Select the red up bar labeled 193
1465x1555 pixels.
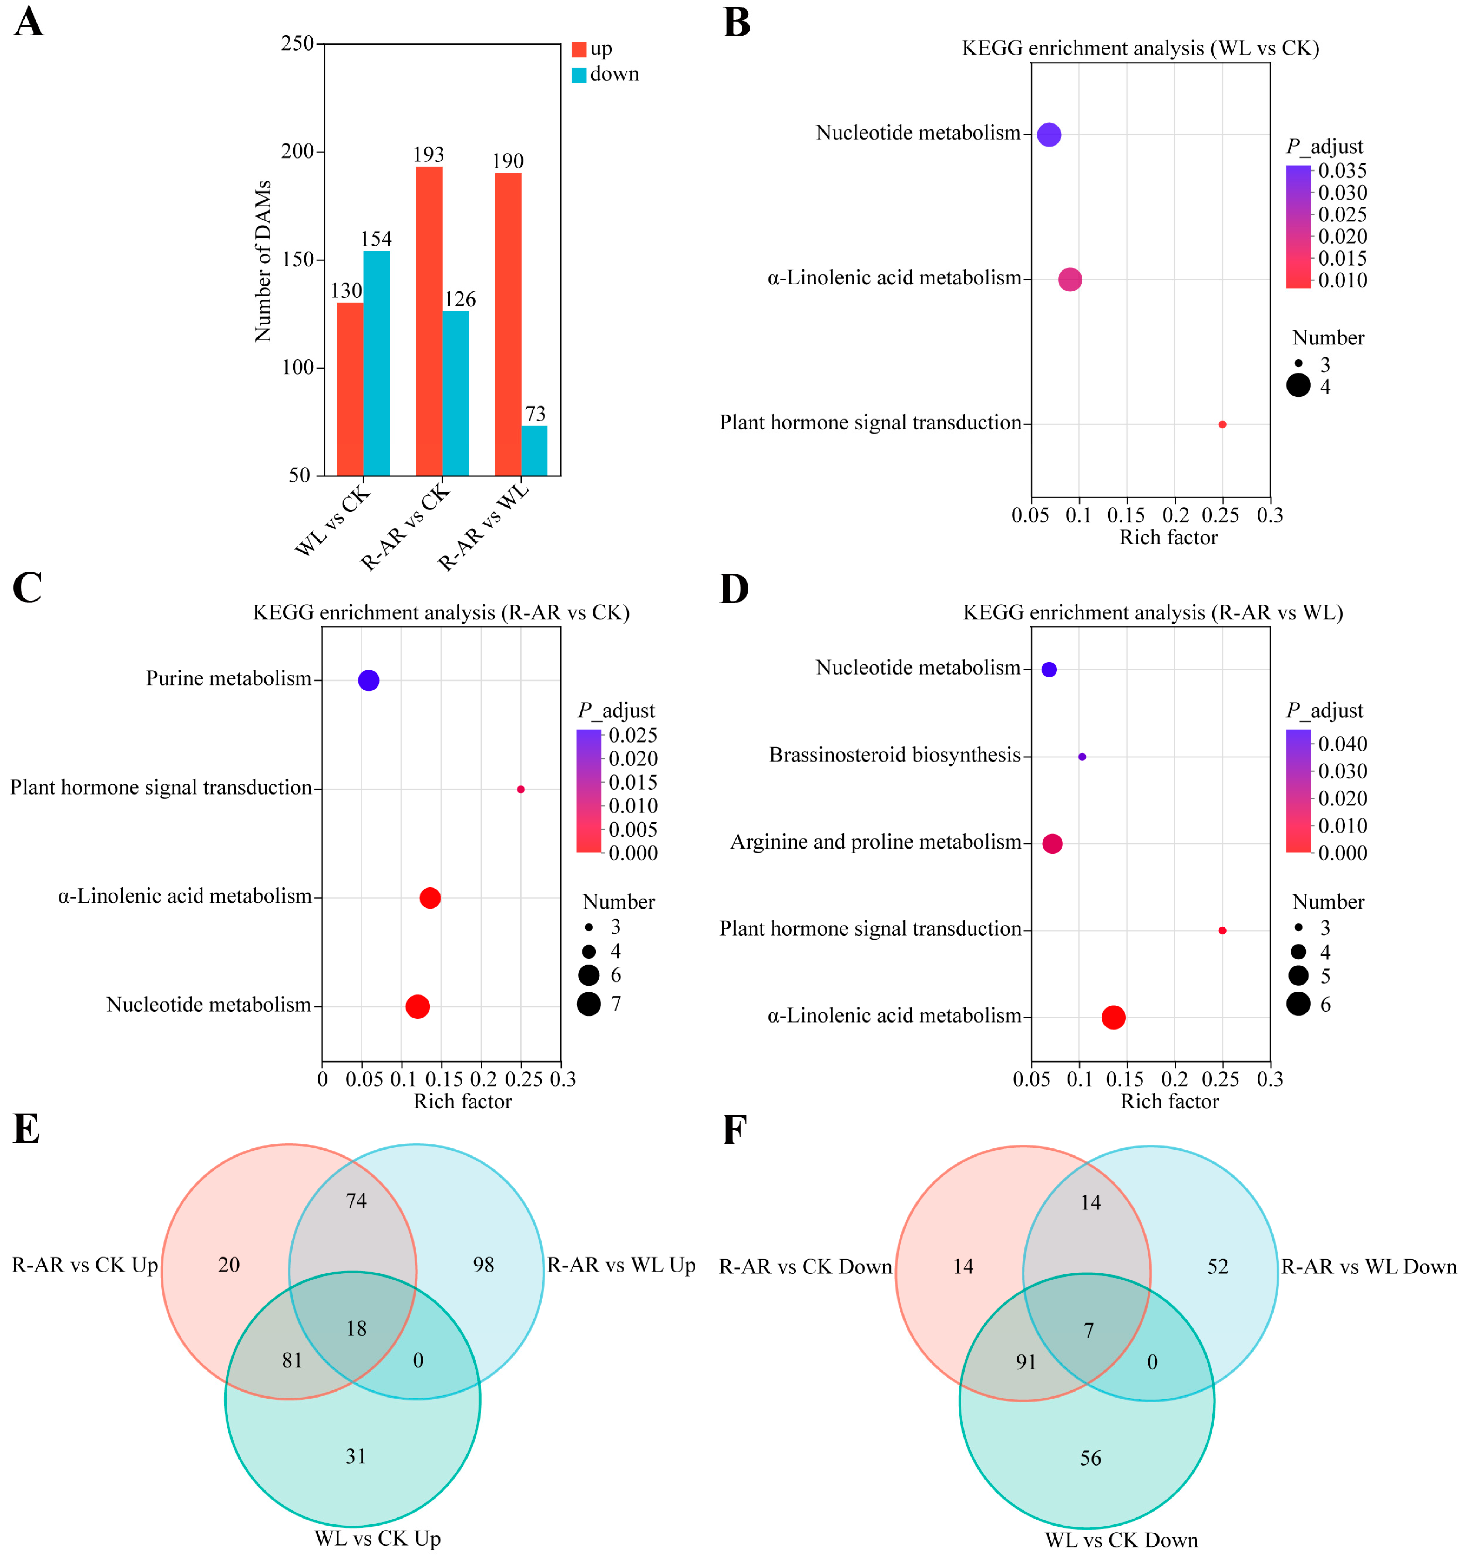[x=429, y=321]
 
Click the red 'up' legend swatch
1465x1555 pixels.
[x=579, y=49]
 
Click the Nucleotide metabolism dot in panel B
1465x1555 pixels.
[x=1049, y=135]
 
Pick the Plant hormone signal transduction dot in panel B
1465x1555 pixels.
[x=1222, y=425]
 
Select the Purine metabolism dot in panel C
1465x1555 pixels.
[x=368, y=681]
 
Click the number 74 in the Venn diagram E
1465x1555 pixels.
[x=356, y=1201]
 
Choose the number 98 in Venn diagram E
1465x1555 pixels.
[x=483, y=1265]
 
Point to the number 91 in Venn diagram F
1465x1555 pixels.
[x=1026, y=1362]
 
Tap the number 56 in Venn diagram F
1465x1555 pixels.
[x=1090, y=1458]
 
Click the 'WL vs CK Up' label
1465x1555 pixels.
[x=378, y=1538]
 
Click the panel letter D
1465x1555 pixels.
[x=734, y=589]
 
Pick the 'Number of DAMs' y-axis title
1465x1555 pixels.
[x=263, y=261]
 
